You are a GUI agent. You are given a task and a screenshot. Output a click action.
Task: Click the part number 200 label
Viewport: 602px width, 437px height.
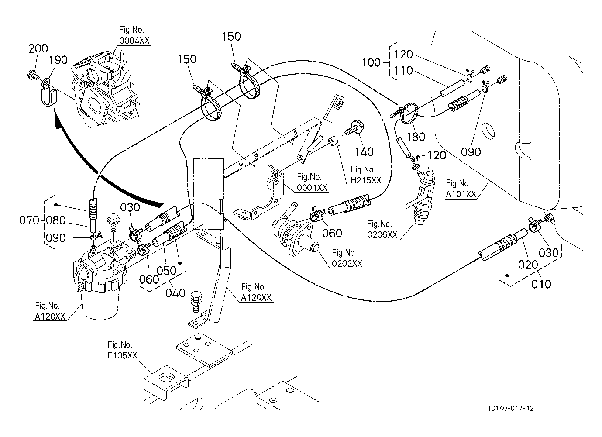pyautogui.click(x=38, y=49)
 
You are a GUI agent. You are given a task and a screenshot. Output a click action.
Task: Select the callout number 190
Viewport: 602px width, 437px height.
pyautogui.click(x=59, y=60)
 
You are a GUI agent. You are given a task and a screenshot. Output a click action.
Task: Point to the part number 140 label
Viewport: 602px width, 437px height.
pyautogui.click(x=364, y=151)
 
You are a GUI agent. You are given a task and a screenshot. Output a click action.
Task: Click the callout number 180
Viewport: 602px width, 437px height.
pyautogui.click(x=416, y=137)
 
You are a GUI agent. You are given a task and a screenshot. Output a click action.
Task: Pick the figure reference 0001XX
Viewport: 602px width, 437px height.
pyautogui.click(x=312, y=188)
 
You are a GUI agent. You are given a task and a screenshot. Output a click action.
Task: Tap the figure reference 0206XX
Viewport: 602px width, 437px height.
pyautogui.click(x=382, y=234)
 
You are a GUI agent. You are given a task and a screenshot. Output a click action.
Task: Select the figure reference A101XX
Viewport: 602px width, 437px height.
pyautogui.click(x=461, y=194)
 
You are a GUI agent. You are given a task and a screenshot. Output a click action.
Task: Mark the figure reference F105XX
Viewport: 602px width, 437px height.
pyautogui.click(x=122, y=355)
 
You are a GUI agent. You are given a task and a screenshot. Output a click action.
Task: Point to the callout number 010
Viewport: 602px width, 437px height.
pyautogui.click(x=541, y=284)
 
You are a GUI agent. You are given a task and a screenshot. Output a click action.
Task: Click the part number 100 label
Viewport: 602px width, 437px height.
pyautogui.click(x=372, y=63)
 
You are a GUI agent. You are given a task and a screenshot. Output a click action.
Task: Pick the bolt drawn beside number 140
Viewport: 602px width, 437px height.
pyautogui.click(x=353, y=130)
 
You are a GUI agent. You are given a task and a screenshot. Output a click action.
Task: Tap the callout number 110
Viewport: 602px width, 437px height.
pyautogui.click(x=404, y=71)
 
